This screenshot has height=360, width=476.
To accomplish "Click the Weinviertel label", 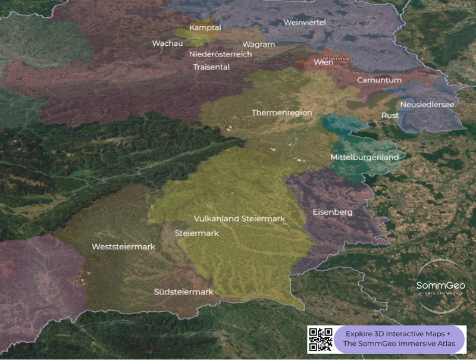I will pos(305,22).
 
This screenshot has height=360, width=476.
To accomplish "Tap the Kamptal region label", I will pos(205,28).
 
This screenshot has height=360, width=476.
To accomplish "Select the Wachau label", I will pos(167,43).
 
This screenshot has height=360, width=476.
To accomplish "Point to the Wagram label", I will pos(259,45).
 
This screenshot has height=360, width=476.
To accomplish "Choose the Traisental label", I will pos(211,67).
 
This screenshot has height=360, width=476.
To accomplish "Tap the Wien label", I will pos(323,62).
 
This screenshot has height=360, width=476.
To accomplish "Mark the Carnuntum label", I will pos(379,80).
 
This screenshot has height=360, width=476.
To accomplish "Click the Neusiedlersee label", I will pos(427,105).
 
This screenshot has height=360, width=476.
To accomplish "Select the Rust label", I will pos(390,115).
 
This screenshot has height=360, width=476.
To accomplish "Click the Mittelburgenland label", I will pos(364,157).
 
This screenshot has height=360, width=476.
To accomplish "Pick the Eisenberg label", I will pos(333,212).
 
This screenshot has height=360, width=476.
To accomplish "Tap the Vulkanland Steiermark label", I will pos(239,218).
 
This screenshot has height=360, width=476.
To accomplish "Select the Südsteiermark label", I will pos(183,292).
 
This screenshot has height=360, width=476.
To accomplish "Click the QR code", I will pos(321,339).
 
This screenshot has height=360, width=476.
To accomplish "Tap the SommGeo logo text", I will pos(440,286).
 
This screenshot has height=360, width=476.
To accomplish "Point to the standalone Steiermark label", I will pos(196,233).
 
